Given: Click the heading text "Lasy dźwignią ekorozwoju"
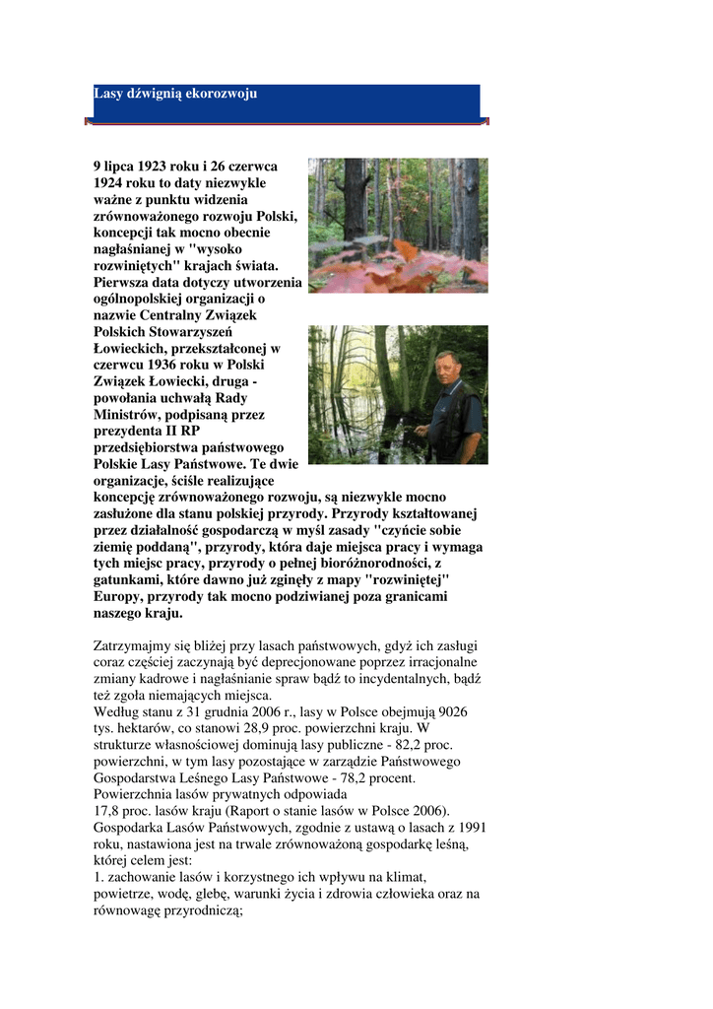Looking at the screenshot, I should coord(175,94).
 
